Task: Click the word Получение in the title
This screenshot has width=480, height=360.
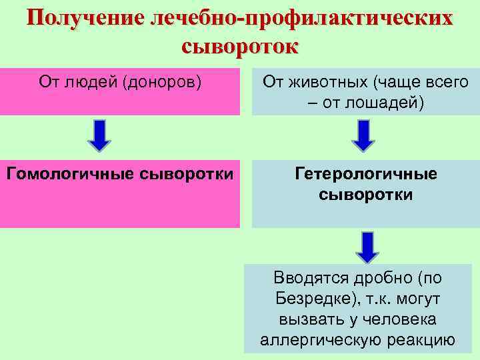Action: [x=85, y=18]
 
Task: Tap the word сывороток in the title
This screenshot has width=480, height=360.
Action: [x=239, y=46]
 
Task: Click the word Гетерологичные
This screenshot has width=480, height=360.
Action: [x=365, y=174]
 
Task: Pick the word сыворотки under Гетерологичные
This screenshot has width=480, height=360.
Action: [x=365, y=195]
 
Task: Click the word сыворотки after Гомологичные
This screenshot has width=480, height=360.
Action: [x=187, y=174]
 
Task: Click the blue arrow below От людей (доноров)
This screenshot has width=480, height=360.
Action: [x=100, y=135]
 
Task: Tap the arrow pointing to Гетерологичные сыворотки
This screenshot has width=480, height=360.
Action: [x=363, y=135]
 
